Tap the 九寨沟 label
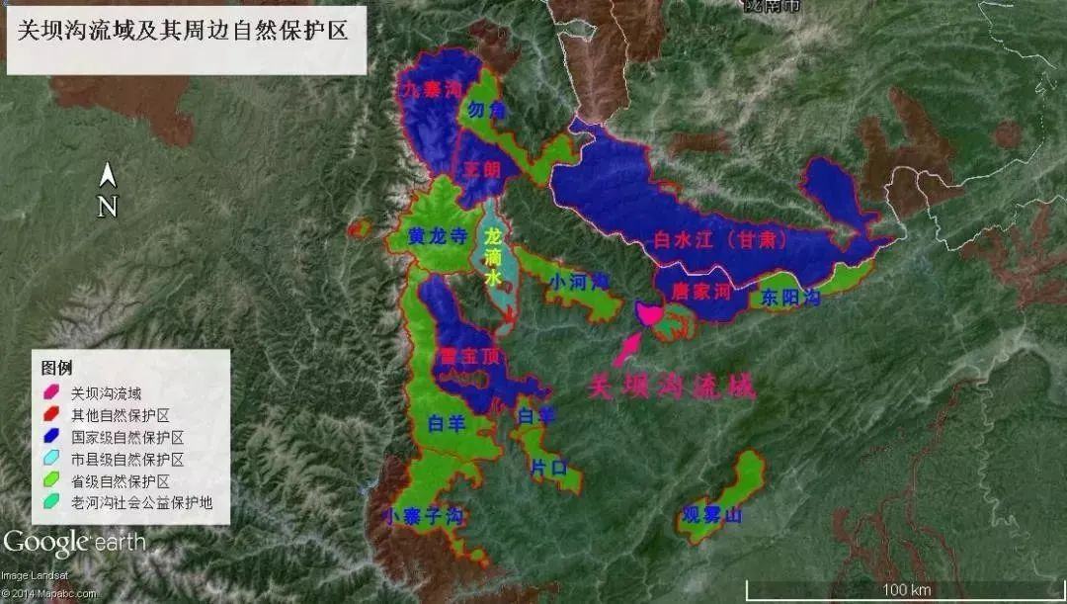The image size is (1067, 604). coord(431,90)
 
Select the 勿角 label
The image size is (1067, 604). coord(487,110)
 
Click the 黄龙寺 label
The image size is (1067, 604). coord(438,237)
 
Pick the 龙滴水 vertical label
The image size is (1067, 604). coord(494,258)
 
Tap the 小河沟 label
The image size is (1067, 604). coord(579,283)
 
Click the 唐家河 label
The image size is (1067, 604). coord(699,292)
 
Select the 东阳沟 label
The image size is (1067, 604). coord(790,296)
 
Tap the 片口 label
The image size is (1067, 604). coord(548,467)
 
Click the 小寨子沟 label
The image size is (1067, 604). coord(425,516)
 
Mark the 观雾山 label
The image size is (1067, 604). coord(711,515)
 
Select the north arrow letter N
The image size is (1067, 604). coord(109,207)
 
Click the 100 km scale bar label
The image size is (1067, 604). coord(908,589)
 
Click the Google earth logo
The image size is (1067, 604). coord(73,542)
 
